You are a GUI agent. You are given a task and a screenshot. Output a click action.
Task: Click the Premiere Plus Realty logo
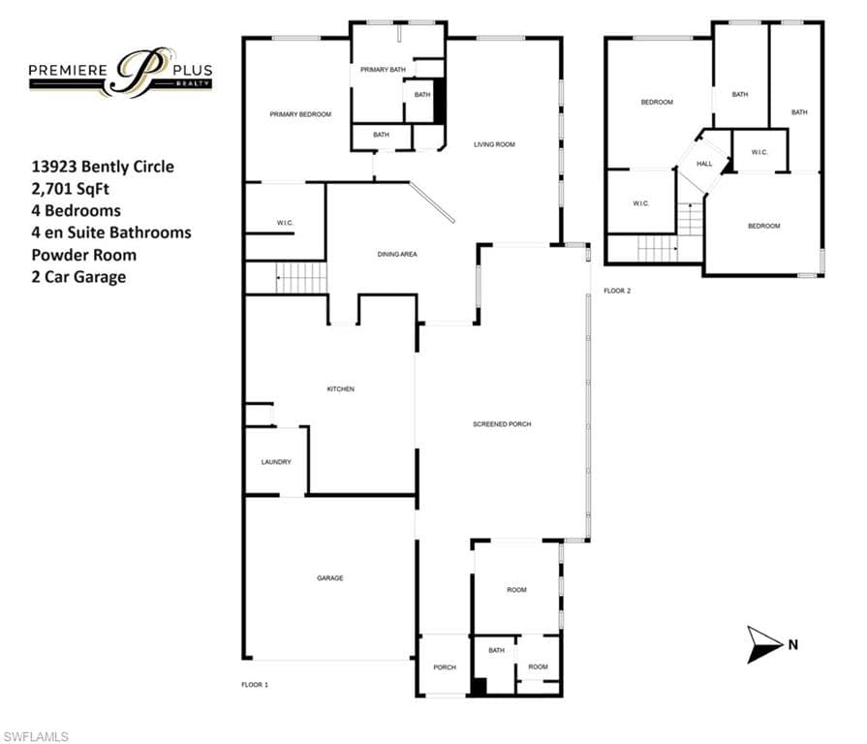(x=120, y=73)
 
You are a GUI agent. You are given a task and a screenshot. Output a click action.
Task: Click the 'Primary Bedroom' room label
(x=300, y=114)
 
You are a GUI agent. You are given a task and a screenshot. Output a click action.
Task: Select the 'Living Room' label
(x=494, y=144)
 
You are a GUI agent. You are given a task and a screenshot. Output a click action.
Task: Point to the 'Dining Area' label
(x=397, y=254)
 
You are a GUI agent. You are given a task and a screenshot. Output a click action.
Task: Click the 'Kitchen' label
(x=341, y=389)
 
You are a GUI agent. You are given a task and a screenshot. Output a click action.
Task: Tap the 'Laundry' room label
(x=276, y=462)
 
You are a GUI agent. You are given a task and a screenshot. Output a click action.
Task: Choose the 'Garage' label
(x=330, y=578)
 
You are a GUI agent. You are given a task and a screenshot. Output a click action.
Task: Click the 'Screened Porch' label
(x=502, y=424)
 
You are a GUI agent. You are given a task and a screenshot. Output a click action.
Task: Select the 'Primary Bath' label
(x=383, y=70)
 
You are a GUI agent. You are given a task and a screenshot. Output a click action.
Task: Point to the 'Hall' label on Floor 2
(x=704, y=164)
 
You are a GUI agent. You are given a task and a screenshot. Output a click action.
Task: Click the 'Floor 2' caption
(x=617, y=291)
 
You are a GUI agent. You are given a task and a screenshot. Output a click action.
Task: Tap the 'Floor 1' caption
(x=255, y=685)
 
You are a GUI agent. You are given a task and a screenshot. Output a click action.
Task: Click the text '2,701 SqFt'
(x=70, y=189)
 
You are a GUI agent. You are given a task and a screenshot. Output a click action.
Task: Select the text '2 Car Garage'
(x=78, y=277)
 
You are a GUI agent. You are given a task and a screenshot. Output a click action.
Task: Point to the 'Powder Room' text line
(x=84, y=255)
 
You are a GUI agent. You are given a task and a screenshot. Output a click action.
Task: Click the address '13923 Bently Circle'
(x=103, y=167)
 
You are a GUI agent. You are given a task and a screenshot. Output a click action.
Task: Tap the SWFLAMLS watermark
(x=36, y=737)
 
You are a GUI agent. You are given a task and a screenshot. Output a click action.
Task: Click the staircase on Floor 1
(x=301, y=277)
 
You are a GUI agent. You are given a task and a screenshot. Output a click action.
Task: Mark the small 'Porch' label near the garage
(x=445, y=667)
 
